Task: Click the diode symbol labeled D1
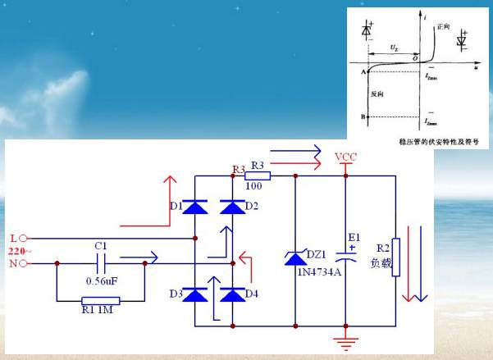194,207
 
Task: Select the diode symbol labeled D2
234,207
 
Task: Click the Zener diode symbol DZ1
294,258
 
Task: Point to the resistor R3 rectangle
258,175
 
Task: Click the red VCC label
345,157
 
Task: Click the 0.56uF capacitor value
102,281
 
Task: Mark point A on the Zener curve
363,73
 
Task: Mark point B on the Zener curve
363,116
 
